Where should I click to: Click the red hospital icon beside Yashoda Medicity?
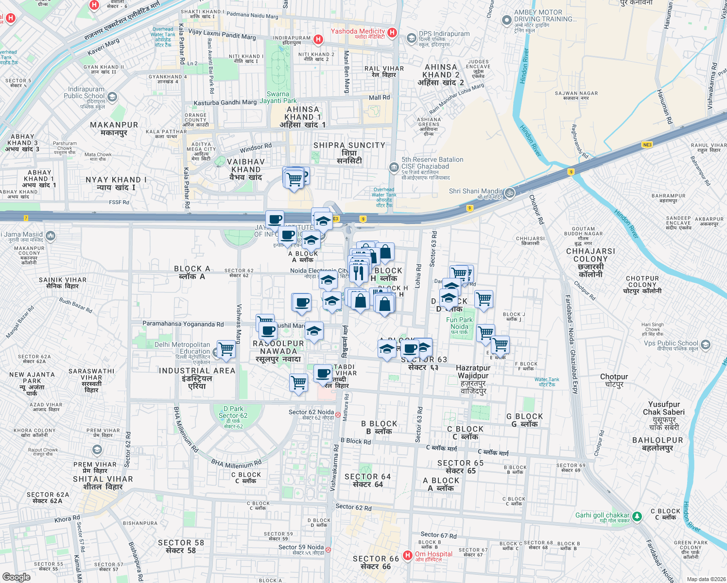click(393, 33)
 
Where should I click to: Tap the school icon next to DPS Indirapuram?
click(412, 38)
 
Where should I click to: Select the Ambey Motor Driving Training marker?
click(507, 20)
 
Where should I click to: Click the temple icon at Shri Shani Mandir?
click(509, 192)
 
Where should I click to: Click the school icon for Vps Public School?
click(706, 345)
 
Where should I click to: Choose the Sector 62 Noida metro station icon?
click(338, 415)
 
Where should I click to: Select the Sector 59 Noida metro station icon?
click(328, 549)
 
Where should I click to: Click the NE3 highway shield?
click(647, 145)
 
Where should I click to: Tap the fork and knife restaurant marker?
click(358, 273)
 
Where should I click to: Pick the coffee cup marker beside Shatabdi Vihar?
click(323, 374)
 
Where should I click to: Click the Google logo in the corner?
click(17, 577)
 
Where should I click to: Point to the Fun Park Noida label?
click(459, 323)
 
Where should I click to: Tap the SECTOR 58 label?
click(181, 546)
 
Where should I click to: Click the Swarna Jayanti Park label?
click(278, 98)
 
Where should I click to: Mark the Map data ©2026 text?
click(704, 579)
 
